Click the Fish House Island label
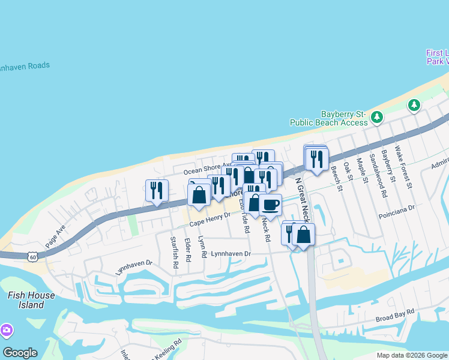pyautogui.click(x=31, y=300)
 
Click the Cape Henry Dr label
pyautogui.click(x=210, y=223)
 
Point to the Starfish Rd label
pyautogui.click(x=174, y=252)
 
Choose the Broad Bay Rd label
pyautogui.click(x=395, y=313)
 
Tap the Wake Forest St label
pyautogui.click(x=403, y=166)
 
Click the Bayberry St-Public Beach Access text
pyautogui.click(x=328, y=118)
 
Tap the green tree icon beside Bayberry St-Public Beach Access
pyautogui.click(x=377, y=116)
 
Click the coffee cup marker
pyautogui.click(x=271, y=205)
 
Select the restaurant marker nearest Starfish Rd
pyautogui.click(x=156, y=190)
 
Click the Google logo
pyautogui.click(x=20, y=353)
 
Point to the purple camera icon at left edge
pyautogui.click(x=6, y=331)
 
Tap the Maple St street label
pyautogui.click(x=362, y=172)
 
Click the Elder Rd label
pyautogui.click(x=188, y=250)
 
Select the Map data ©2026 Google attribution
pyautogui.click(x=412, y=355)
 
